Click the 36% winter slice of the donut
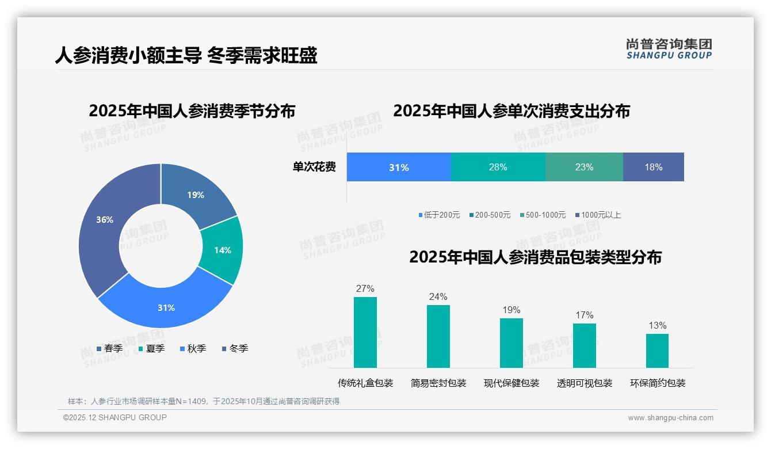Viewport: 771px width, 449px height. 104,222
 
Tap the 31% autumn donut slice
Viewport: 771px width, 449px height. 166,307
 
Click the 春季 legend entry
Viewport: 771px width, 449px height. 109,348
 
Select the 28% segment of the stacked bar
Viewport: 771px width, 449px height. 498,167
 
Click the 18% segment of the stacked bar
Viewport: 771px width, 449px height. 653,167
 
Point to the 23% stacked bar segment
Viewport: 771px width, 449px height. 584,167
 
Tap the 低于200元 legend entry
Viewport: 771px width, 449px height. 439,215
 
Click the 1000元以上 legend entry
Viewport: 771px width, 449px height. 598,215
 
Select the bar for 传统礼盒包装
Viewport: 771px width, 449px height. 365,332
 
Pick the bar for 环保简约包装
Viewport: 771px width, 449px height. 657,351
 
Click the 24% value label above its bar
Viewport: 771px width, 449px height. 438,296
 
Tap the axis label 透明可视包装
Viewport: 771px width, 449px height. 585,383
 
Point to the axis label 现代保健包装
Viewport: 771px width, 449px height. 512,383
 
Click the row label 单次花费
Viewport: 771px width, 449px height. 314,167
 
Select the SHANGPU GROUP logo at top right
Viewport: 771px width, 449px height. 669,48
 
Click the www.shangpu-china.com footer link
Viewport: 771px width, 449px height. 670,417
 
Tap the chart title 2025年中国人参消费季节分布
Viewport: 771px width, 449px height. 192,111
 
